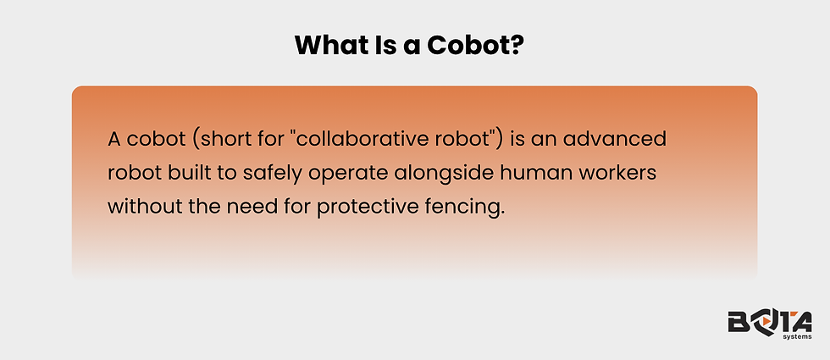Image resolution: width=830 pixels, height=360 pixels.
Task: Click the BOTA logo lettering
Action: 769,322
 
